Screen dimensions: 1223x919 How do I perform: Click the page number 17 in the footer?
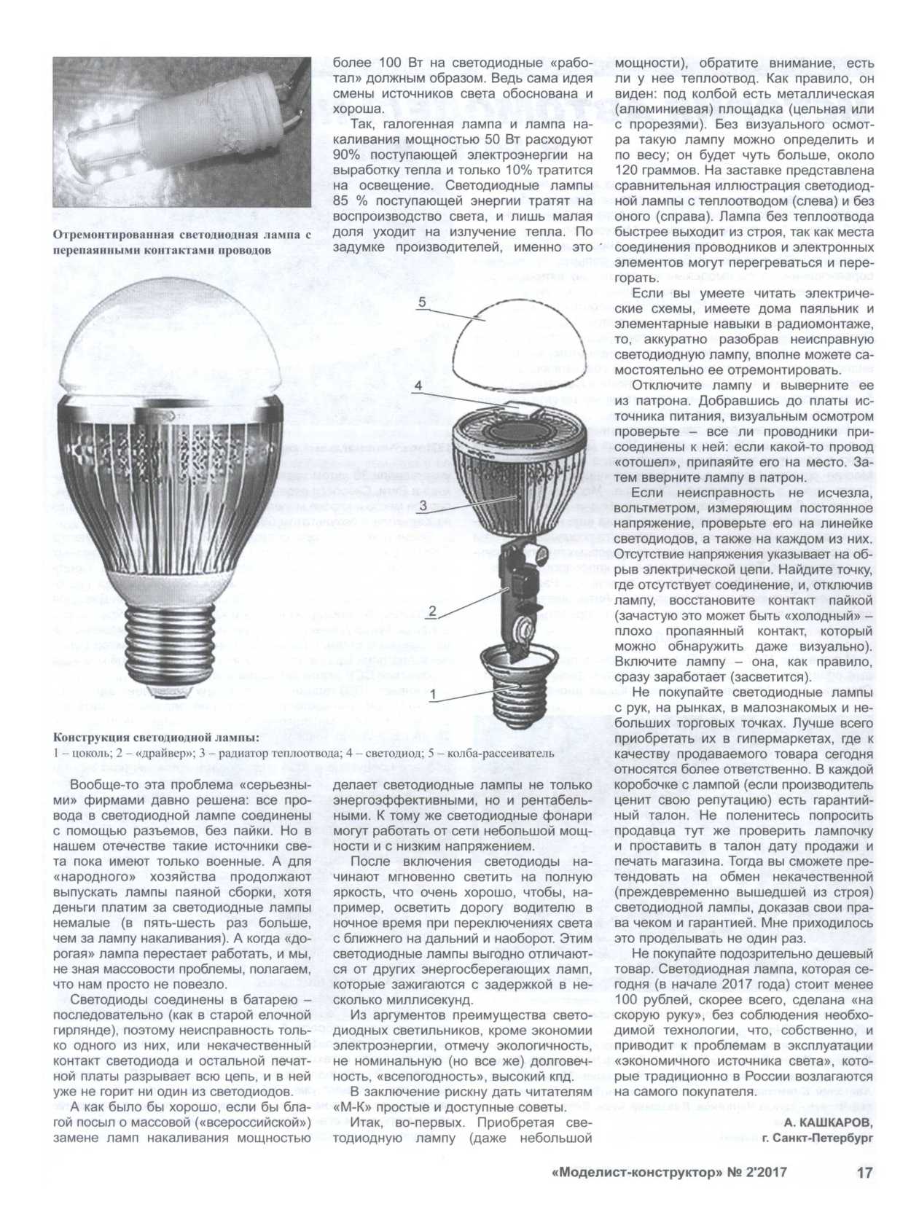point(864,1173)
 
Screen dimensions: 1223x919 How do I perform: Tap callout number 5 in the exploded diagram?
point(421,301)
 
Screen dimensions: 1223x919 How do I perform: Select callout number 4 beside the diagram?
point(418,386)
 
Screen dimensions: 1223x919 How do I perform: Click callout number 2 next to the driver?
point(431,611)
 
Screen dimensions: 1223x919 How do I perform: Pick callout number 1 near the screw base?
point(432,695)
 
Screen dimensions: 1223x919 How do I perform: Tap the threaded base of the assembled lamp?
point(170,645)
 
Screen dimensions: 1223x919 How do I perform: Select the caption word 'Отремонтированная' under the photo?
point(113,234)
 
